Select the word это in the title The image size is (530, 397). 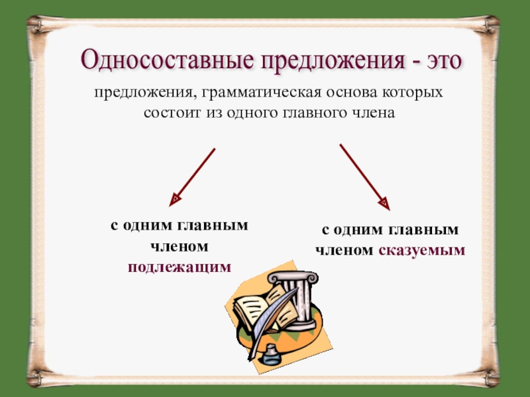pyautogui.click(x=441, y=62)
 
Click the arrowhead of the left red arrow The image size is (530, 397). pyautogui.click(x=176, y=197)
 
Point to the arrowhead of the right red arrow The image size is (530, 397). pyautogui.click(x=383, y=201)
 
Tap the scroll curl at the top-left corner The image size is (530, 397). pyautogui.click(x=36, y=24)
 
